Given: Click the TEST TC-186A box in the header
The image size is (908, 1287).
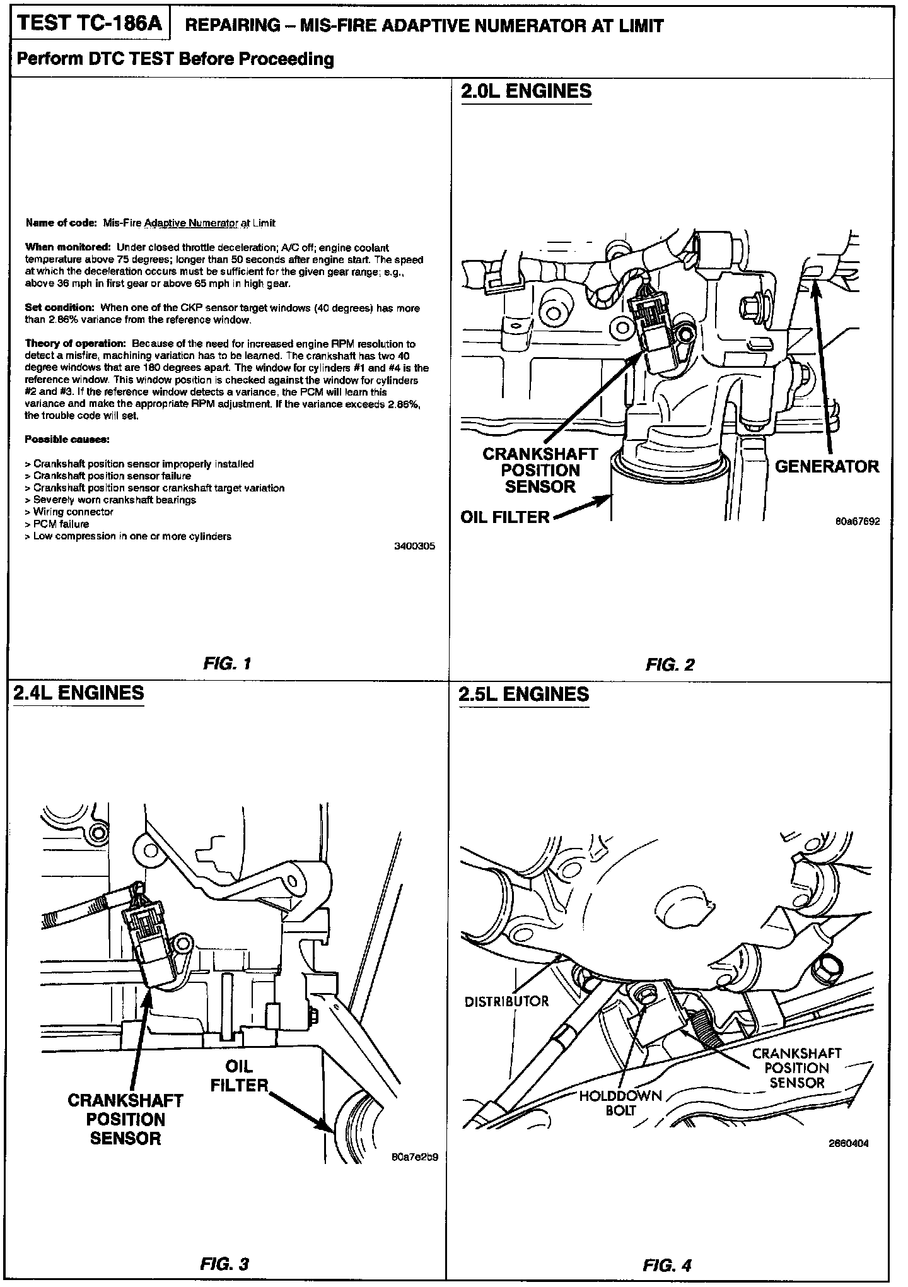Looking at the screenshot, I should coord(90,24).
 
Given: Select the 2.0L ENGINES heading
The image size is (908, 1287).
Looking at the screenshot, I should coord(526,91).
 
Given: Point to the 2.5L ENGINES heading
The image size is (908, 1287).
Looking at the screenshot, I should coord(523,695).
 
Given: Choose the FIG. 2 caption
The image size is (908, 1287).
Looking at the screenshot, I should coord(670,664).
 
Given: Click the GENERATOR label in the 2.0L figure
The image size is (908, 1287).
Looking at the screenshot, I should coord(826,467).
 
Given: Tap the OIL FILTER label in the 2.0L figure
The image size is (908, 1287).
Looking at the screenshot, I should coord(505,517).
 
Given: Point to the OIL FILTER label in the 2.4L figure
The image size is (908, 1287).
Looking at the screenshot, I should coord(240,1076).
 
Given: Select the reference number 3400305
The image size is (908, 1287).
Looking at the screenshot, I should coord(414,547).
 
